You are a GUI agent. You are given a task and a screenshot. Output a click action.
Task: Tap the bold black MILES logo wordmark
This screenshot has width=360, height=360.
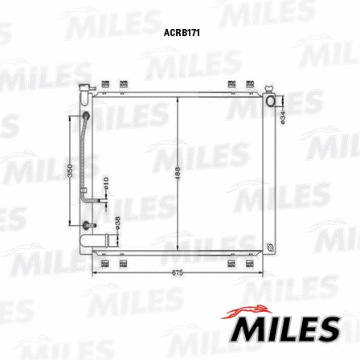(286, 329)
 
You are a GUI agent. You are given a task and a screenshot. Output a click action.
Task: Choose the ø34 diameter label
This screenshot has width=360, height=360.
(284, 116)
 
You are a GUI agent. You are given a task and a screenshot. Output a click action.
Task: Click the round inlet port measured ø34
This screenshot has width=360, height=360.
(273, 100)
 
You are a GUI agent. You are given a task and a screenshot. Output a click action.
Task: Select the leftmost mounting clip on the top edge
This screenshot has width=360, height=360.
(106, 84)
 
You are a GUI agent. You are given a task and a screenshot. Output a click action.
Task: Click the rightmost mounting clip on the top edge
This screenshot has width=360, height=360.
(250, 84)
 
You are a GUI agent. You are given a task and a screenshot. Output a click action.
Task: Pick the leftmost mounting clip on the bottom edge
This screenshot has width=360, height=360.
(106, 263)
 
